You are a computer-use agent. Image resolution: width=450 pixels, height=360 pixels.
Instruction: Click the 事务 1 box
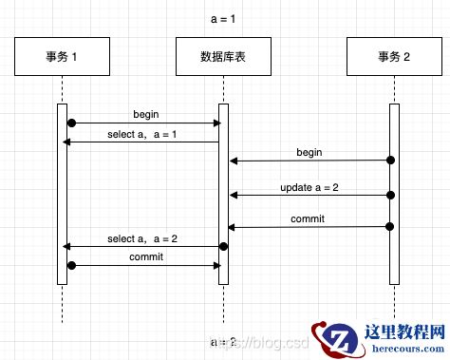pyautogui.click(x=61, y=58)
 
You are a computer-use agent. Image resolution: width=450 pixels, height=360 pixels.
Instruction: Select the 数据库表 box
pyautogui.click(x=224, y=58)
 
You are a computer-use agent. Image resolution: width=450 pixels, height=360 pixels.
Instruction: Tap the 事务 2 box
pyautogui.click(x=392, y=58)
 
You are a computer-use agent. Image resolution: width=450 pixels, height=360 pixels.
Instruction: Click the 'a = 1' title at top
pyautogui.click(x=224, y=19)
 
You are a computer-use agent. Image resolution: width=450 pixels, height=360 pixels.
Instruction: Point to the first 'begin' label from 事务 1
pyautogui.click(x=146, y=113)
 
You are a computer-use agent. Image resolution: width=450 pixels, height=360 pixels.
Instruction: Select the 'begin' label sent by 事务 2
pyautogui.click(x=309, y=152)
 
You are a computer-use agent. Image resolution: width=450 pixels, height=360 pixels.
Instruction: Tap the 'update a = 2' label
pyautogui.click(x=309, y=187)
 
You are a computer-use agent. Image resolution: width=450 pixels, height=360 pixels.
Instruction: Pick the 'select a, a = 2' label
pyautogui.click(x=143, y=238)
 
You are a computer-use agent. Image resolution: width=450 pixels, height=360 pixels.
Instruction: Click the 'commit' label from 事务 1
pyautogui.click(x=145, y=256)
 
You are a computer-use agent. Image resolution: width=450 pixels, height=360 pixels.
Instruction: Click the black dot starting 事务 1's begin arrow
pyautogui.click(x=71, y=123)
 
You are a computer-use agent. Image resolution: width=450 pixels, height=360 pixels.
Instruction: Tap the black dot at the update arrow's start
pyautogui.click(x=390, y=195)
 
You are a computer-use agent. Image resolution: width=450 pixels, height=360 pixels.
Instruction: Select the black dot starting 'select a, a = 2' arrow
pyautogui.click(x=224, y=246)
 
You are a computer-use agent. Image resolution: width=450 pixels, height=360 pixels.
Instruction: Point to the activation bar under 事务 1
pyautogui.click(x=61, y=199)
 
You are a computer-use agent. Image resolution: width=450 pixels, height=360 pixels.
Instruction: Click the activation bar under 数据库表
pyautogui.click(x=224, y=190)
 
